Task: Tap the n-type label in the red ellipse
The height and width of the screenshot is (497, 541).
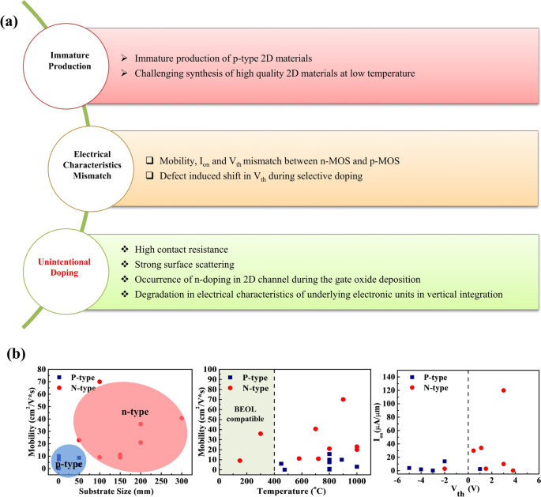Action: tap(135, 412)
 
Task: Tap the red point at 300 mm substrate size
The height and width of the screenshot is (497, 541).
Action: tap(182, 419)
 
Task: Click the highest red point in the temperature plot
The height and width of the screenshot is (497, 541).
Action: tap(343, 399)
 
